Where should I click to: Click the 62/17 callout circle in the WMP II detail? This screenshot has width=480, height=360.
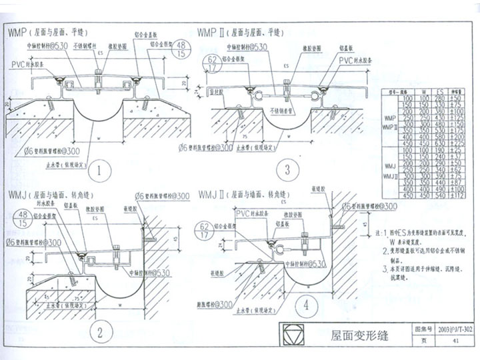pos(213,64)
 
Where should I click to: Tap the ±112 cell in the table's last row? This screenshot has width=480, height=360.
pos(459,196)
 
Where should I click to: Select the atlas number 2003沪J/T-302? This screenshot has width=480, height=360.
pos(455,329)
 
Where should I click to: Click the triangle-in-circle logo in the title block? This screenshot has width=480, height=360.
pos(295,335)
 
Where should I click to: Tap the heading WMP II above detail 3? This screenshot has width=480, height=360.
pos(213,31)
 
